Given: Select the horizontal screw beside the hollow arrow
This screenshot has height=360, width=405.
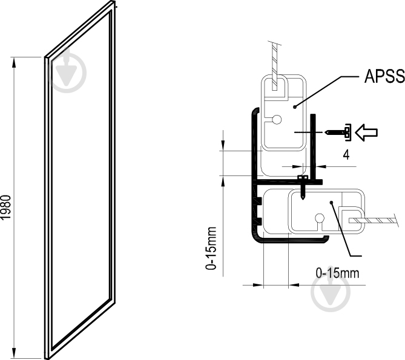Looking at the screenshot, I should [x=338, y=130].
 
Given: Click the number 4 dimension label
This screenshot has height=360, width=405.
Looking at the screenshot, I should [x=346, y=154].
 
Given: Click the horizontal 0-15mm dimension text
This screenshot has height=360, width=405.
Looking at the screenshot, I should [x=338, y=273].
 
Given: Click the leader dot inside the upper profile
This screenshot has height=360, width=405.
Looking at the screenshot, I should [x=295, y=106].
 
